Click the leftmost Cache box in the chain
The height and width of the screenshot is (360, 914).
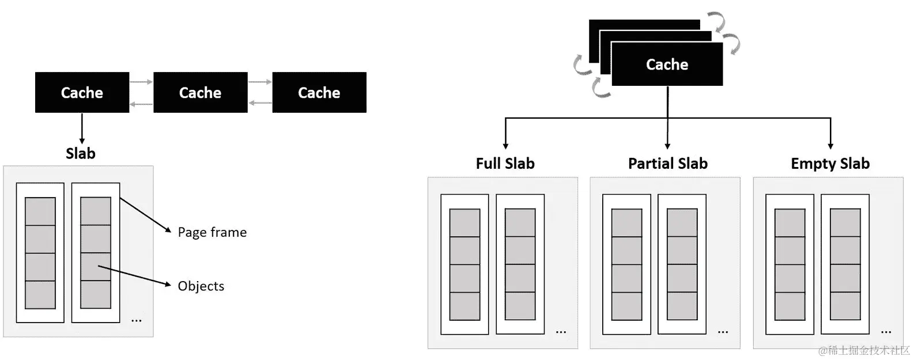click(82, 93)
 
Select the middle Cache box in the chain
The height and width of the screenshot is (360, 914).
click(201, 93)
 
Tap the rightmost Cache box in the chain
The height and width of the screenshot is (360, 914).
click(319, 93)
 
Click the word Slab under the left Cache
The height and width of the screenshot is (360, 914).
click(81, 154)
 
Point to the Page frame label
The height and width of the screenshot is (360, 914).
click(212, 232)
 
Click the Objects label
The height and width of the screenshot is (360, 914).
click(201, 286)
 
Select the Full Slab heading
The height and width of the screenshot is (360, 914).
click(505, 164)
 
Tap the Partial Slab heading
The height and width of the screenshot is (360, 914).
click(667, 164)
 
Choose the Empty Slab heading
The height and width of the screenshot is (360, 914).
click(830, 164)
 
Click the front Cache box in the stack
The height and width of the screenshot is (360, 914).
click(667, 64)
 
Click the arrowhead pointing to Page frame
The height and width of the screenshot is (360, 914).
click(168, 229)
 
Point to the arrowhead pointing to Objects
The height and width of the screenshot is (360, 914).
click(168, 284)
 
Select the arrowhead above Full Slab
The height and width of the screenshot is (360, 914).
click(505, 146)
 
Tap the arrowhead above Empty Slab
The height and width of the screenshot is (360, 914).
click(830, 146)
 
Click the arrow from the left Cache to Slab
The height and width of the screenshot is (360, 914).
click(82, 128)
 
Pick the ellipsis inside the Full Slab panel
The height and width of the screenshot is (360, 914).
click(561, 332)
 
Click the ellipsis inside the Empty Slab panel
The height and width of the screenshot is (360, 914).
click(886, 332)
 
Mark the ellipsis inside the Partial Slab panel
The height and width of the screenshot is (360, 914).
click(723, 332)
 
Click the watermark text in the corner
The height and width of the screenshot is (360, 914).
click(864, 350)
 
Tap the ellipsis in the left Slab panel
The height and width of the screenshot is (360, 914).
click(136, 321)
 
